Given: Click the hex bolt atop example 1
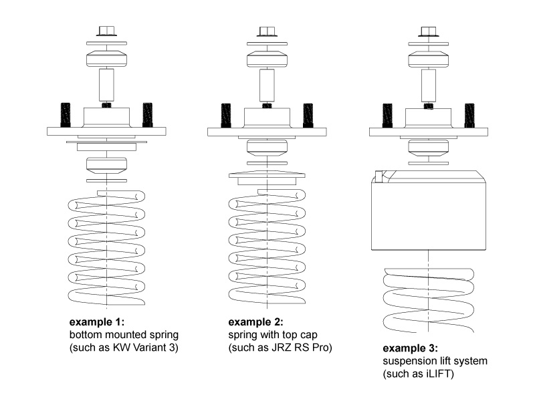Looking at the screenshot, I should pos(107,31).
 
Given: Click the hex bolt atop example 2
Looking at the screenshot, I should pos(267,31).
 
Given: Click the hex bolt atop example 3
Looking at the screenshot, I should pos(428,31).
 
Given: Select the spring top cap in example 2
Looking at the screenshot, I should pos(267,177).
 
